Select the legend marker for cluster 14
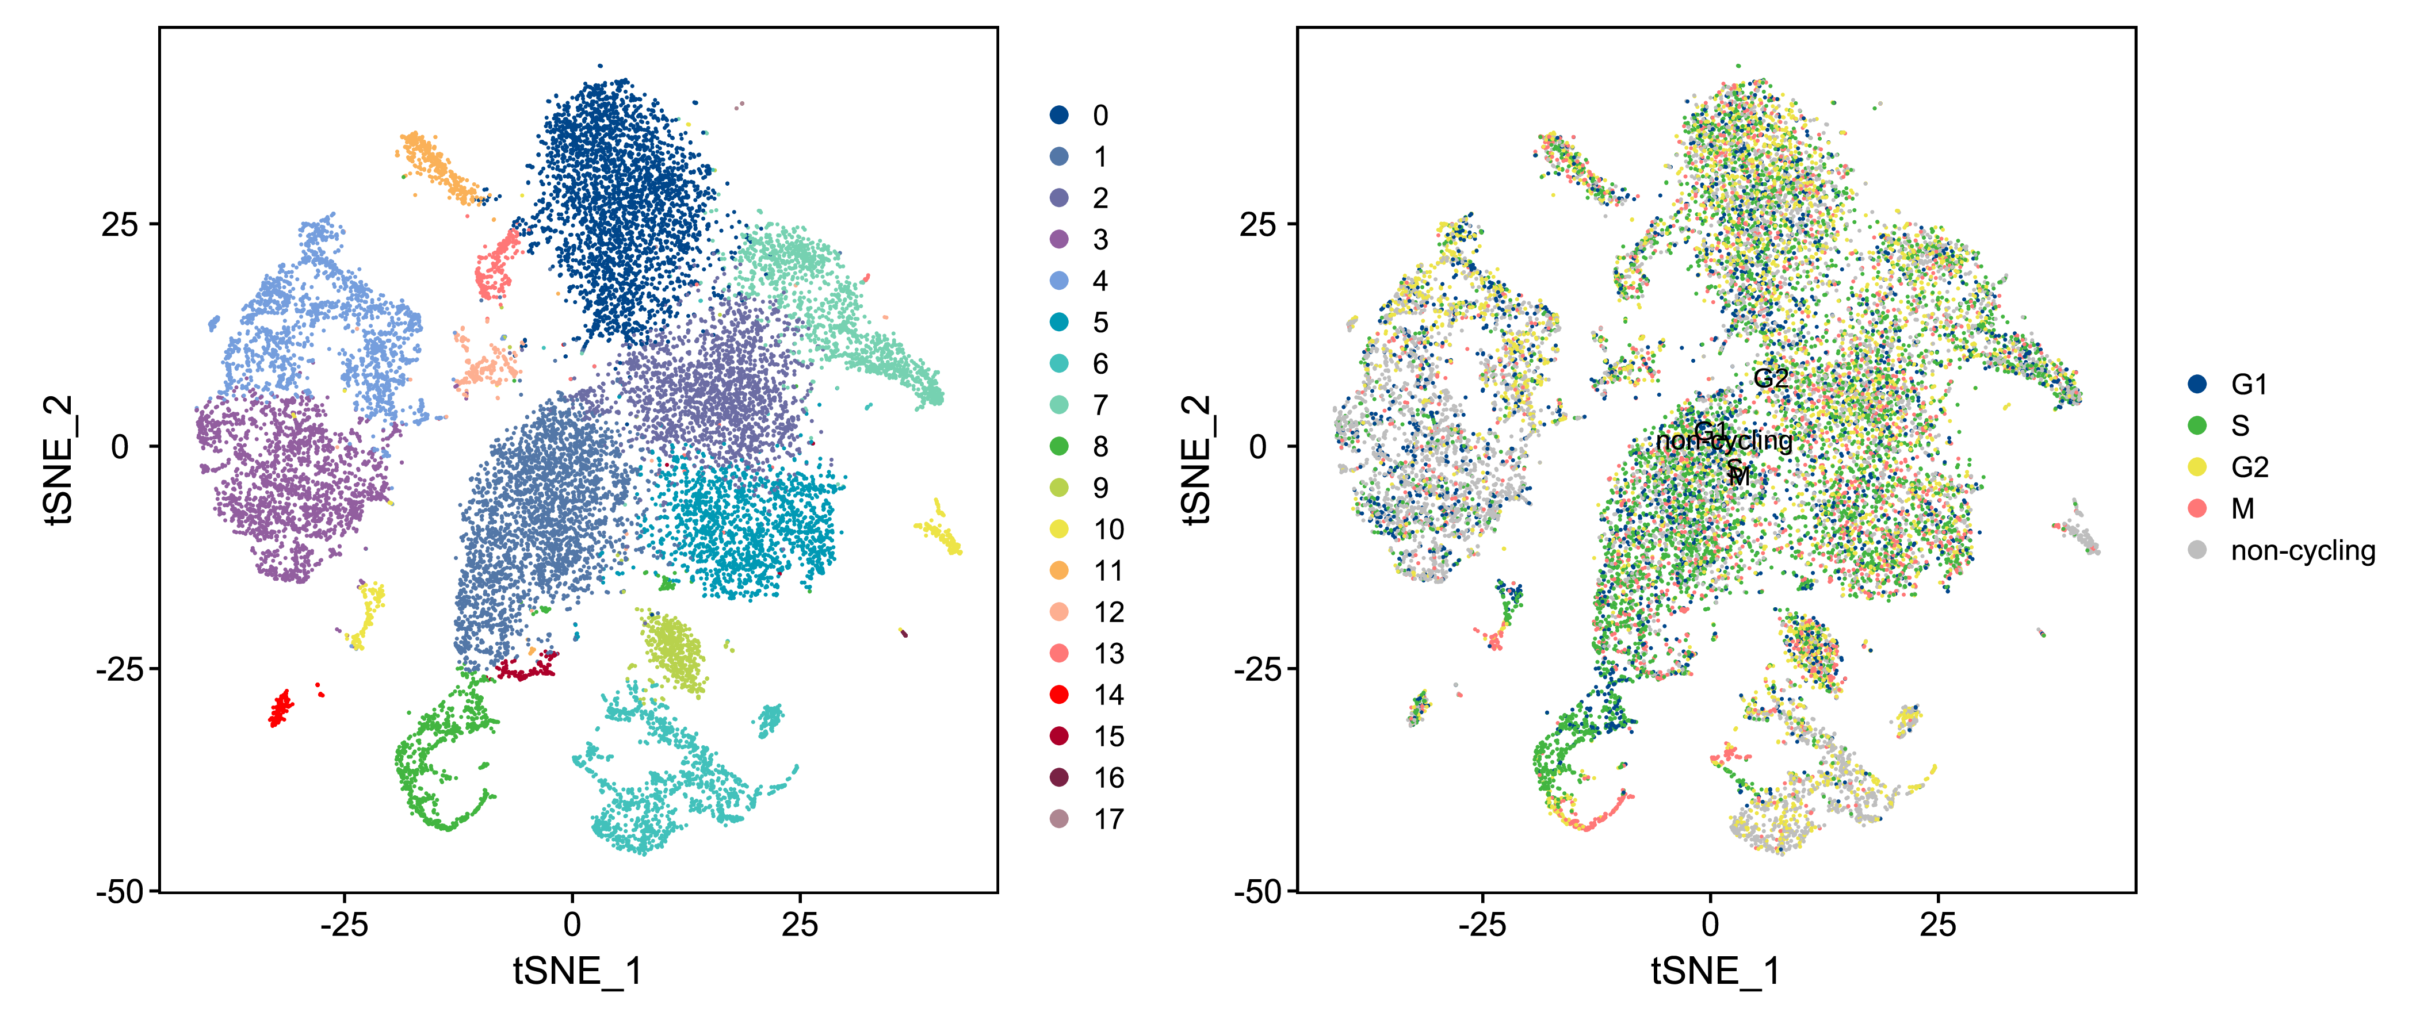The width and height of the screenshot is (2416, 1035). tap(1060, 695)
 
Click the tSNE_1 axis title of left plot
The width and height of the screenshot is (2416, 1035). tap(577, 971)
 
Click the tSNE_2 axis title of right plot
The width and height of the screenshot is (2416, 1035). tap(1196, 459)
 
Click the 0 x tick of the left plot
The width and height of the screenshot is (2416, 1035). tap(572, 925)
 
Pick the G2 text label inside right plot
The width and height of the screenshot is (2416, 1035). tap(1771, 379)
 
